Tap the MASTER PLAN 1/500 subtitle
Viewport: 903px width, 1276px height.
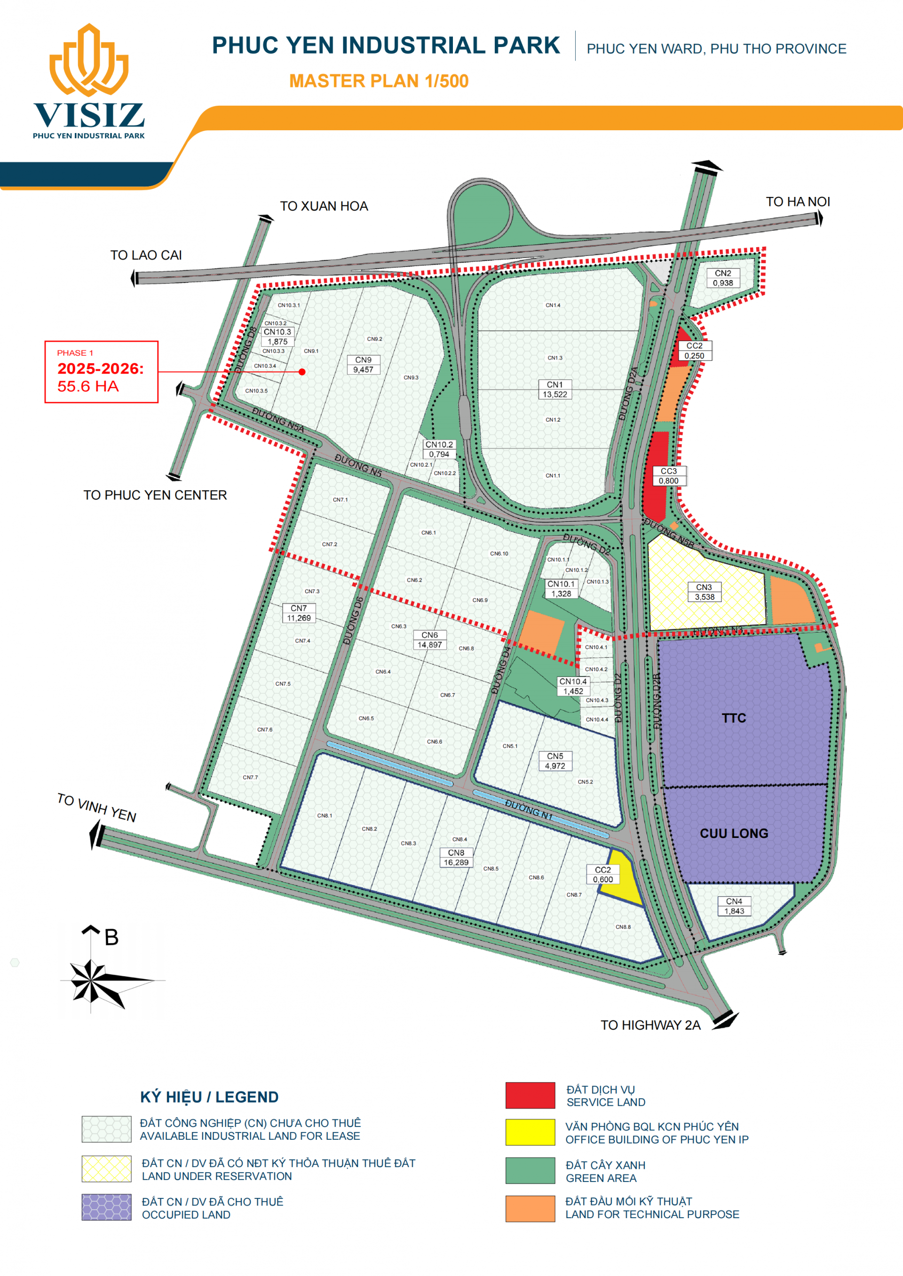pos(379,81)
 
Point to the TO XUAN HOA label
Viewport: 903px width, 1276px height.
pos(324,206)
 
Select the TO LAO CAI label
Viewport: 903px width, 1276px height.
pos(146,255)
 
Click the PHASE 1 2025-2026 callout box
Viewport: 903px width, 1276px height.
pos(101,371)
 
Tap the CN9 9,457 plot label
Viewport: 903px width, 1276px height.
pos(363,365)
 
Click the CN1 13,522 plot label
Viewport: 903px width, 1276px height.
pos(554,390)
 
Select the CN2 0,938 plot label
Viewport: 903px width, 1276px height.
pos(723,278)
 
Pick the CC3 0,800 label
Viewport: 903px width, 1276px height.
pos(668,476)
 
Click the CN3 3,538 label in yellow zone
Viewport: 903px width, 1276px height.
pos(704,592)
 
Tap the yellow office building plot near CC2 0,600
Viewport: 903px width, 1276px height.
pos(622,884)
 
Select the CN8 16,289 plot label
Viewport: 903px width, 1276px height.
pos(456,858)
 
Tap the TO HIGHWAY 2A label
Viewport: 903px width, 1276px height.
pos(650,1025)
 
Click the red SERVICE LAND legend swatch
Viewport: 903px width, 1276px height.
pos(530,1096)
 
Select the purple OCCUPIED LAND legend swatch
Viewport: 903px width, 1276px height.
pos(106,1207)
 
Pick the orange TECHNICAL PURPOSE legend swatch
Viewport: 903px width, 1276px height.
pos(530,1208)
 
